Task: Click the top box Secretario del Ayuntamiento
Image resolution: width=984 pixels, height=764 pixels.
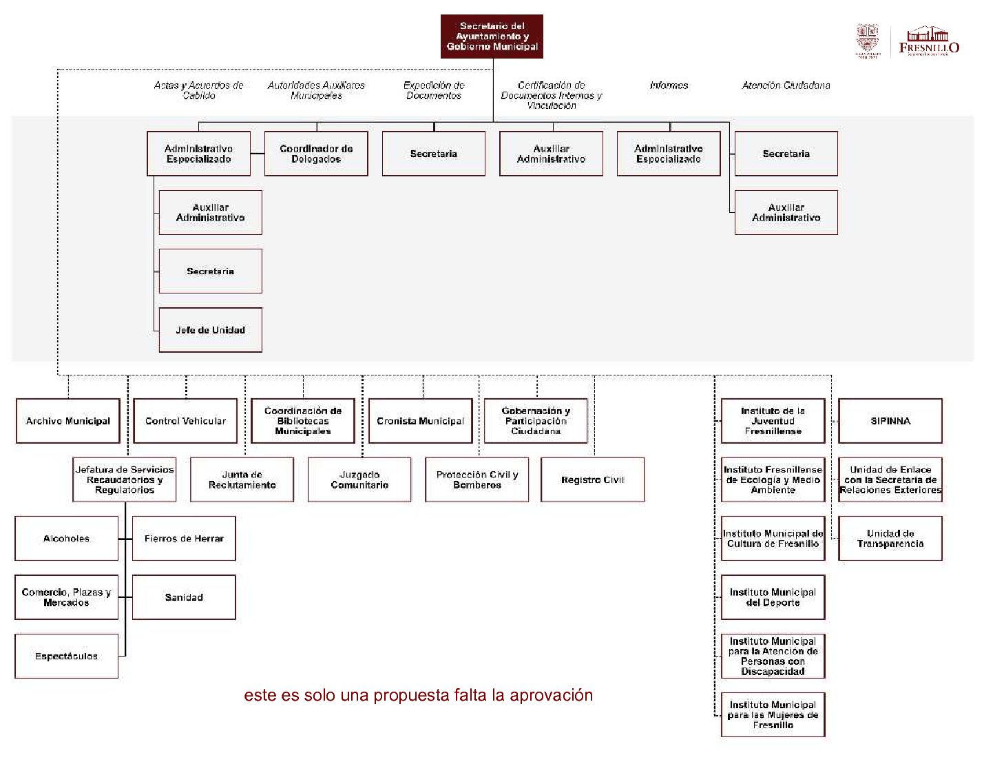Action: pos(492,37)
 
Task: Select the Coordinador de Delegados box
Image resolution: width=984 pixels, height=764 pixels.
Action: pos(316,154)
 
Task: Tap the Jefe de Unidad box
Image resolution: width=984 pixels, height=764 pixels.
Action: pos(210,330)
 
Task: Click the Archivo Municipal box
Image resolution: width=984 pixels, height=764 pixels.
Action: pos(67,421)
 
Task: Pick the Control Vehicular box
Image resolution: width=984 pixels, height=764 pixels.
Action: pos(185,421)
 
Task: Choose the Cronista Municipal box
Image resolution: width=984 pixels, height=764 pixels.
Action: pos(420,421)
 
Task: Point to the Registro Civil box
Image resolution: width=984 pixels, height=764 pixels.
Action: pos(592,479)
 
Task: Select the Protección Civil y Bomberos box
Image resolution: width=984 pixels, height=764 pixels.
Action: pos(477,479)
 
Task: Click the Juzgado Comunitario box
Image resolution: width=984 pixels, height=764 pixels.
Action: pos(359,479)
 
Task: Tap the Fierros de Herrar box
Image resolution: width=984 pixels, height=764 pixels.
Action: pos(184,539)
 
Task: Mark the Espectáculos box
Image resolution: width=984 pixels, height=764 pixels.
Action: pos(66,656)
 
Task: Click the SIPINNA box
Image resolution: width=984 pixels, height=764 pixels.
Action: pos(890,421)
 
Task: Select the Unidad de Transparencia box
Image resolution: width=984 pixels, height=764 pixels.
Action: pos(890,539)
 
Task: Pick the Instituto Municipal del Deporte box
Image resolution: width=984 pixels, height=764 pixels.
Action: pos(773,597)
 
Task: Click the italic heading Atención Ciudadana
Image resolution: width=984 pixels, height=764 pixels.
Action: pos(786,85)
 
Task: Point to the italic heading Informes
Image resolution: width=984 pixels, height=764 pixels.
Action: pos(669,85)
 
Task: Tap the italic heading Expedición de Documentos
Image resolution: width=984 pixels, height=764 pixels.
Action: pos(434,90)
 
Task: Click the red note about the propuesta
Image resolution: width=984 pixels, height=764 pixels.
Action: pos(418,695)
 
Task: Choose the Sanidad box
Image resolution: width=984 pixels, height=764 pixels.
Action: pos(184,597)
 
